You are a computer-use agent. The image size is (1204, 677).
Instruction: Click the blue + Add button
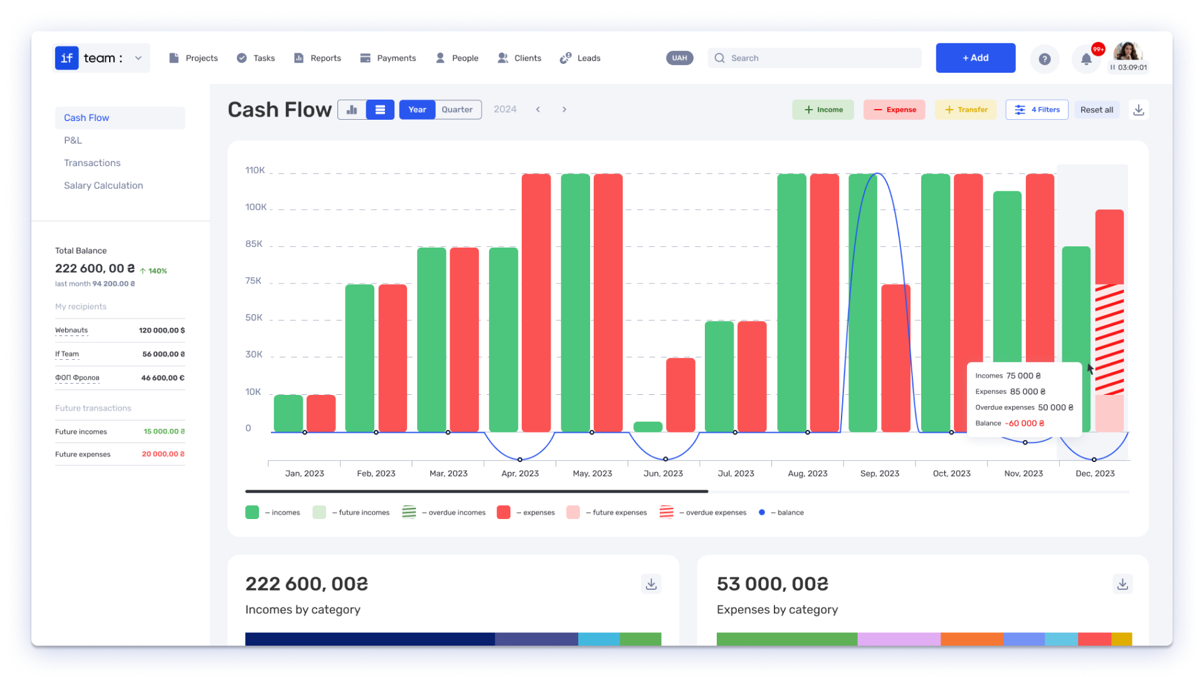click(x=975, y=58)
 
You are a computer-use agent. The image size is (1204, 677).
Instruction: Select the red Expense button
click(x=894, y=110)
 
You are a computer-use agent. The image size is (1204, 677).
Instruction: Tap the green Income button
click(x=823, y=110)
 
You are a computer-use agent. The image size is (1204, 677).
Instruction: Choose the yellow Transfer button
click(x=966, y=110)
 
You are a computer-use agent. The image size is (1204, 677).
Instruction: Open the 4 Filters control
click(x=1037, y=110)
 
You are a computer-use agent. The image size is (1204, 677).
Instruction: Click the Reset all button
click(x=1097, y=110)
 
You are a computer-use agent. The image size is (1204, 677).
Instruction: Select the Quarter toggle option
click(x=457, y=110)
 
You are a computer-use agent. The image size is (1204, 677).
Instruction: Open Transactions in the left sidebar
click(x=92, y=163)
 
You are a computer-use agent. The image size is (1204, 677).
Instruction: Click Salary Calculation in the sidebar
click(x=103, y=186)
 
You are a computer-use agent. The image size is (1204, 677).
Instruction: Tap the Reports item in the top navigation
click(x=318, y=58)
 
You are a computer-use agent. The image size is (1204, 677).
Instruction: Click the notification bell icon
click(x=1086, y=59)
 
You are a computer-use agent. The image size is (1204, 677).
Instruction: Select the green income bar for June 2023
click(x=648, y=427)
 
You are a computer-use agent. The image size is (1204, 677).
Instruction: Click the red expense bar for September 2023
click(x=895, y=358)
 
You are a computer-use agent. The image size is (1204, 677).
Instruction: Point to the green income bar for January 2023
click(x=288, y=413)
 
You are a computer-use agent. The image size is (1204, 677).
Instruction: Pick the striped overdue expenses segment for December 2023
click(x=1109, y=339)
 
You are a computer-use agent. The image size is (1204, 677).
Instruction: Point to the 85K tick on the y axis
click(x=254, y=244)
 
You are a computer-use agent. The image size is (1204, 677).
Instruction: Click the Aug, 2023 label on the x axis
click(x=808, y=473)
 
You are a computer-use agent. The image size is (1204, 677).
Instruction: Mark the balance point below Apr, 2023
click(x=520, y=459)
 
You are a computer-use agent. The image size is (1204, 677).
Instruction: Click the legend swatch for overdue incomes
click(x=409, y=512)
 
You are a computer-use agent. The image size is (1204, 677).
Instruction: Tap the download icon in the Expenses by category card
click(x=1122, y=584)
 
